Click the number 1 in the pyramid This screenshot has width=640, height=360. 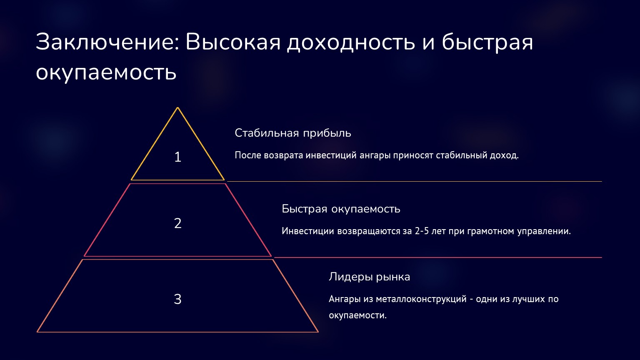(x=178, y=157)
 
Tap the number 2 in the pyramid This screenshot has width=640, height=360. (x=178, y=223)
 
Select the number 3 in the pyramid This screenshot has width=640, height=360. (x=178, y=299)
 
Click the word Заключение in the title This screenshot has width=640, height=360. (x=107, y=42)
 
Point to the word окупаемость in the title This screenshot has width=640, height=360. (x=106, y=72)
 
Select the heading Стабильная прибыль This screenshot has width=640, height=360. (x=293, y=133)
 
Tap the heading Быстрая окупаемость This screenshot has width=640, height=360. (x=341, y=209)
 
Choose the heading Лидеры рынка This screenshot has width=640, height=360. (x=369, y=277)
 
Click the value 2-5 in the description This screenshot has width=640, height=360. (x=422, y=231)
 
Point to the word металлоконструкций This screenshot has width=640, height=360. (x=421, y=299)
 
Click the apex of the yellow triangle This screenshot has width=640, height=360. (x=177, y=108)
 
